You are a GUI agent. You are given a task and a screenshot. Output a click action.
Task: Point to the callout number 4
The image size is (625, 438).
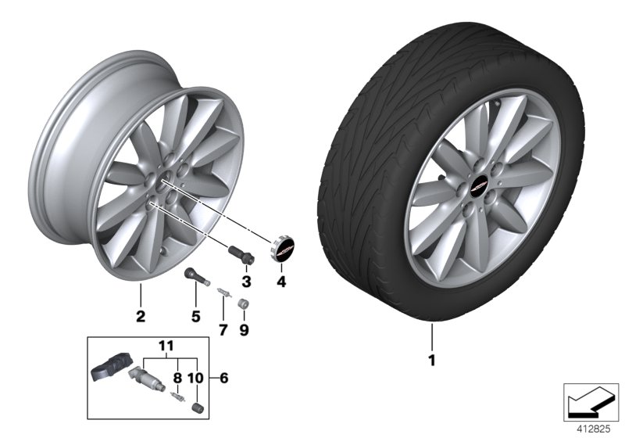coord(280,281)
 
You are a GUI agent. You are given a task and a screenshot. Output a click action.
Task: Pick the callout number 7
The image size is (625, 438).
coord(222,330)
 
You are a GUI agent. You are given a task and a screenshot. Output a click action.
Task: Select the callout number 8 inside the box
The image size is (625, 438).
coord(196,378)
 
